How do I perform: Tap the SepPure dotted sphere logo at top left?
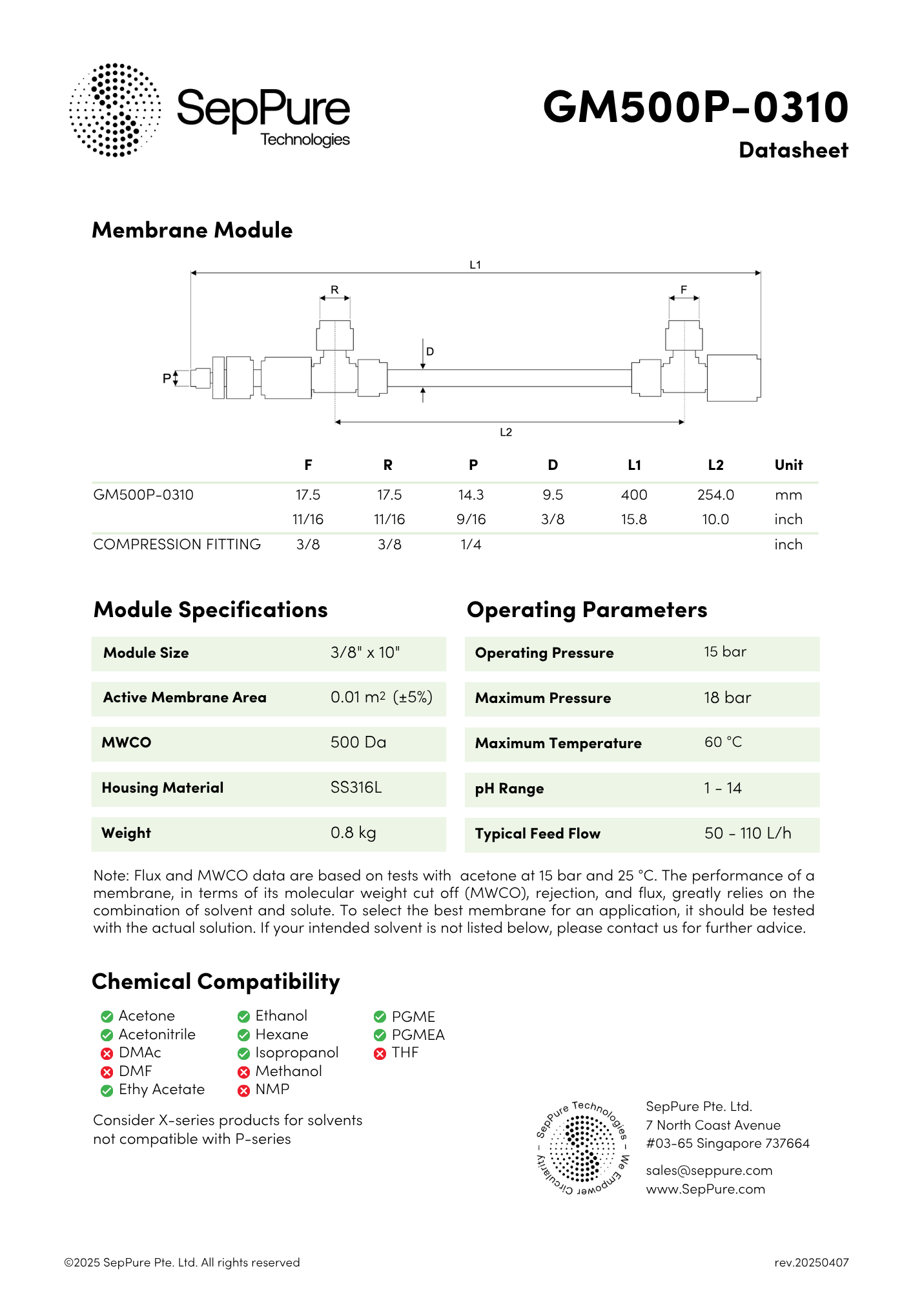[115, 110]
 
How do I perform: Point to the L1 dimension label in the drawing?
[475, 265]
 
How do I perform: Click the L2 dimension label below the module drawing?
[506, 432]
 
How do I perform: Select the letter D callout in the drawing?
[430, 352]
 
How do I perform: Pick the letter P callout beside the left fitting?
[167, 378]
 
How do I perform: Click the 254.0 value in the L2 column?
[715, 495]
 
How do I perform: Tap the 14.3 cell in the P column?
[471, 495]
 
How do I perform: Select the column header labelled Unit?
[788, 465]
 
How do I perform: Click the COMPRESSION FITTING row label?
[177, 545]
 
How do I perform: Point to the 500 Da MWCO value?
[358, 742]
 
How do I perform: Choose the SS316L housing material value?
[356, 788]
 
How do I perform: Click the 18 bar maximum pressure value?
[727, 698]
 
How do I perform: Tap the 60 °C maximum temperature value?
[723, 742]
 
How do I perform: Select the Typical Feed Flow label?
[538, 834]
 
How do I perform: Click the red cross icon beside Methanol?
[243, 1072]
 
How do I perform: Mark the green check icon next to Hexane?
[243, 1035]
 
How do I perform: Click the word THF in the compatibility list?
[405, 1053]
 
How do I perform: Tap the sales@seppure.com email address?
[709, 1171]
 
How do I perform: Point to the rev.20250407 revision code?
[812, 1263]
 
